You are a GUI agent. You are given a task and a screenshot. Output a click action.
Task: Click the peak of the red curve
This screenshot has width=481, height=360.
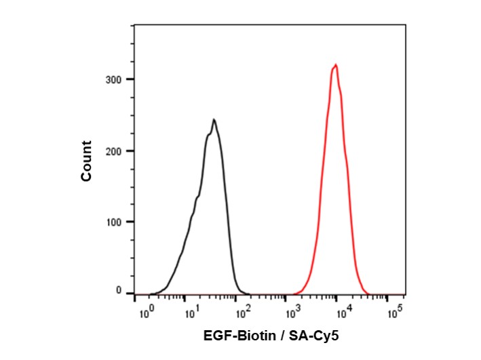(x=335, y=65)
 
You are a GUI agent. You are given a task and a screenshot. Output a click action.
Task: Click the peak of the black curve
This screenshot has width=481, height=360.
(x=214, y=120)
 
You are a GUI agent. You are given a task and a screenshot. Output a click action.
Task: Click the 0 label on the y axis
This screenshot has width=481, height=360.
(x=119, y=292)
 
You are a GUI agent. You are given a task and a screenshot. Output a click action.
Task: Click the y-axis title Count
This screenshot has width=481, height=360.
(x=86, y=161)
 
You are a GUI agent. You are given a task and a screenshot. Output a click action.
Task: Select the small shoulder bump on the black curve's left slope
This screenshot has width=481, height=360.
(x=197, y=197)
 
